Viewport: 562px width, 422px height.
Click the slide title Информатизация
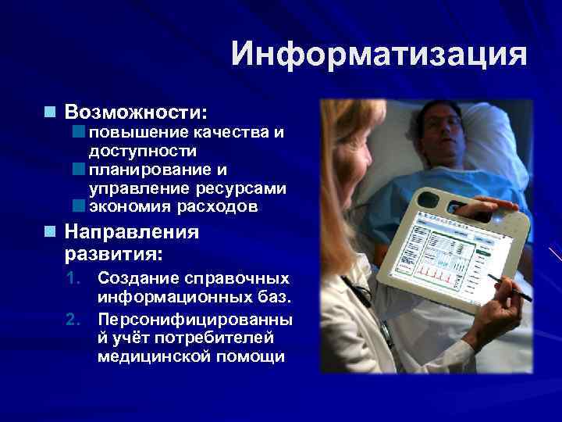[x=379, y=55]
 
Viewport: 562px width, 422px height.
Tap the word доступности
[x=143, y=150]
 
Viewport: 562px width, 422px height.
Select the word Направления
[x=131, y=232]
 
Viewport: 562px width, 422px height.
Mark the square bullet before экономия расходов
[x=78, y=207]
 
